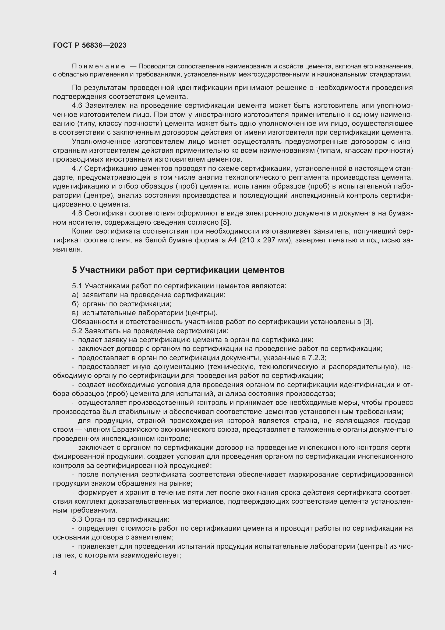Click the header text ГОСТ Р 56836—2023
[x=90, y=45]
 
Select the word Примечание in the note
[x=98, y=67]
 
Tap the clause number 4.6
[x=77, y=106]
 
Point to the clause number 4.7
[x=77, y=168]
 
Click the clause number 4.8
[x=77, y=213]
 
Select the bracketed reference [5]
[x=226, y=222]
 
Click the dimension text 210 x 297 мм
[x=266, y=240]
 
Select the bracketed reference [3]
[x=368, y=322]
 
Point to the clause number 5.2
[x=77, y=331]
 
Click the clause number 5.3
[x=77, y=519]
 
